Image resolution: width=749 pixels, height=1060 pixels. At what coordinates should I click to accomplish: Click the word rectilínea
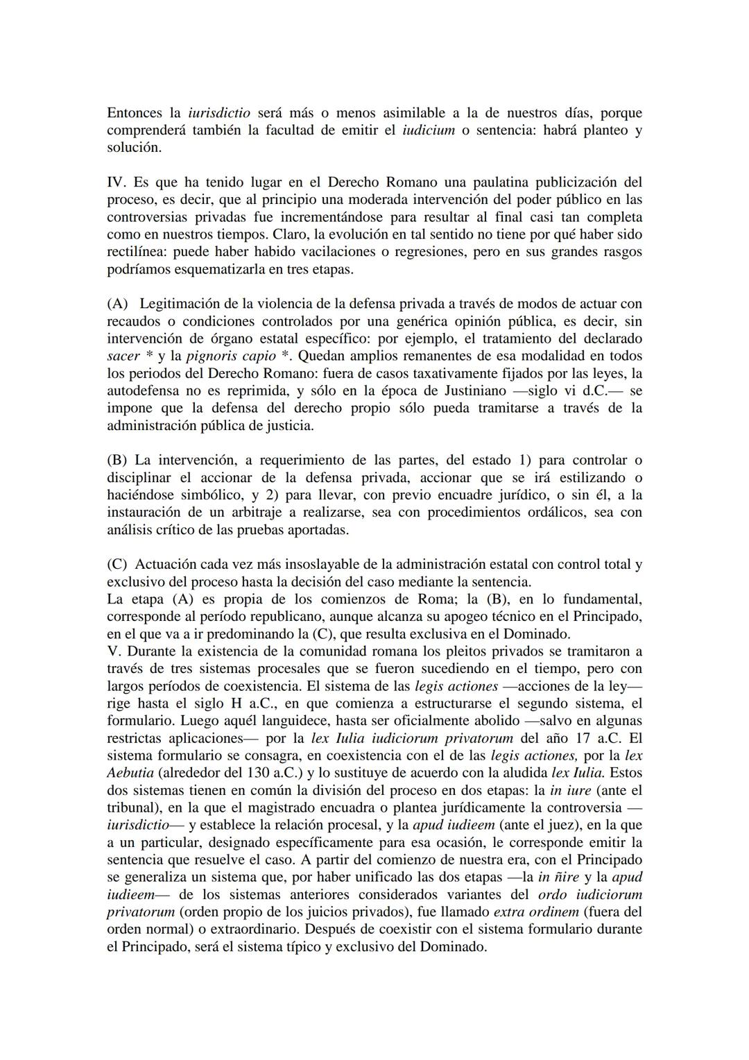coord(137,251)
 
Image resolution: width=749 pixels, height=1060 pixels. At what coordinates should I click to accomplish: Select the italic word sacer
coord(123,355)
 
